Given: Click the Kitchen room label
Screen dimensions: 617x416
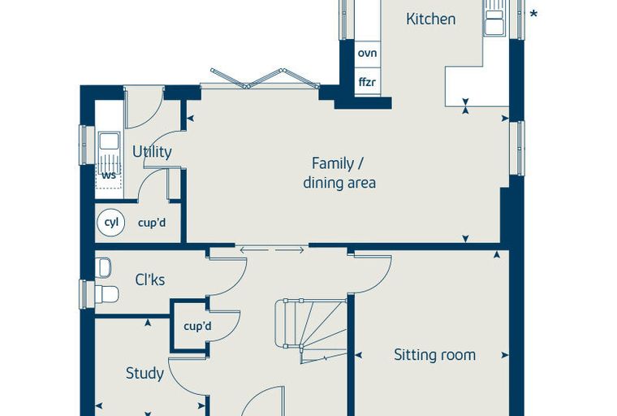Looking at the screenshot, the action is tap(431, 19).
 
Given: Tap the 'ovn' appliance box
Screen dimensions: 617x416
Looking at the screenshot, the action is tap(368, 53).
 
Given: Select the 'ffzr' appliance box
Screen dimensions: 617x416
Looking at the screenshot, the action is tap(368, 82).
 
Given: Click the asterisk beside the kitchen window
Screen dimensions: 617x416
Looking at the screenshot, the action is tap(533, 15).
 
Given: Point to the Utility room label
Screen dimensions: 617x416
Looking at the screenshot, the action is tap(152, 152).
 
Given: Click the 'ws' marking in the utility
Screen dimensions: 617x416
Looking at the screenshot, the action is tap(109, 175).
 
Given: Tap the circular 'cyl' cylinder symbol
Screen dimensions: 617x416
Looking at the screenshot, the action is tap(111, 223).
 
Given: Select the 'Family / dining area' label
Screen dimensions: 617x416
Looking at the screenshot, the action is tap(339, 173).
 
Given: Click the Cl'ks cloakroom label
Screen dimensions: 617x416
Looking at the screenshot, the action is tap(150, 279).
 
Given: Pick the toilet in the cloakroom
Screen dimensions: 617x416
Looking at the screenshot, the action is tap(106, 294).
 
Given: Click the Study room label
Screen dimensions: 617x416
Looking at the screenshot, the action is tap(145, 373).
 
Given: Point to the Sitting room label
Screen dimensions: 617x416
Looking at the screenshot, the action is tap(435, 355).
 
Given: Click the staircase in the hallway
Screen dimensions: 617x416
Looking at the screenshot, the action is tap(311, 330).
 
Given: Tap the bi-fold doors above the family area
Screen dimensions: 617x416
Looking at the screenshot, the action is tap(265, 78).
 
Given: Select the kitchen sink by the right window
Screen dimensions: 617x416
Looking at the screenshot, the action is tap(495, 18).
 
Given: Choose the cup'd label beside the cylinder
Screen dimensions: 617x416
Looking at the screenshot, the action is tap(152, 223).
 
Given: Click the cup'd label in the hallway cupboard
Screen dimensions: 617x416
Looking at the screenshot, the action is tap(197, 326).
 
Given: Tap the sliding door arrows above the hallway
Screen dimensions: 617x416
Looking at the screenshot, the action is tap(272, 249).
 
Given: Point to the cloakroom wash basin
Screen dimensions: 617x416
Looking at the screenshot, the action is tap(103, 267).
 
